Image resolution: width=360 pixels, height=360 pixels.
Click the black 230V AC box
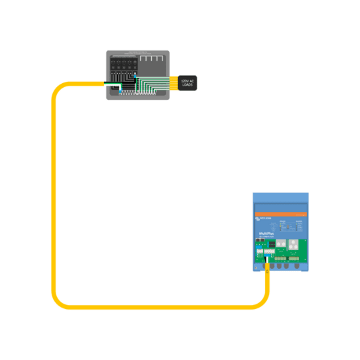pyautogui.click(x=187, y=82)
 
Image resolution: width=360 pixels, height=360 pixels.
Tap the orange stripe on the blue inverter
pyautogui.click(x=281, y=214)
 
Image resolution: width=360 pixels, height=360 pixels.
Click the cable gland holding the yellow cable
pyautogui.click(x=267, y=267)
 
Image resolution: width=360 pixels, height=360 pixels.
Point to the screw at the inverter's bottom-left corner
pyautogui.click(x=256, y=268)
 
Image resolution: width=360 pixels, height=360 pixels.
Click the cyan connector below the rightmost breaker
pyautogui.click(x=134, y=76)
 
